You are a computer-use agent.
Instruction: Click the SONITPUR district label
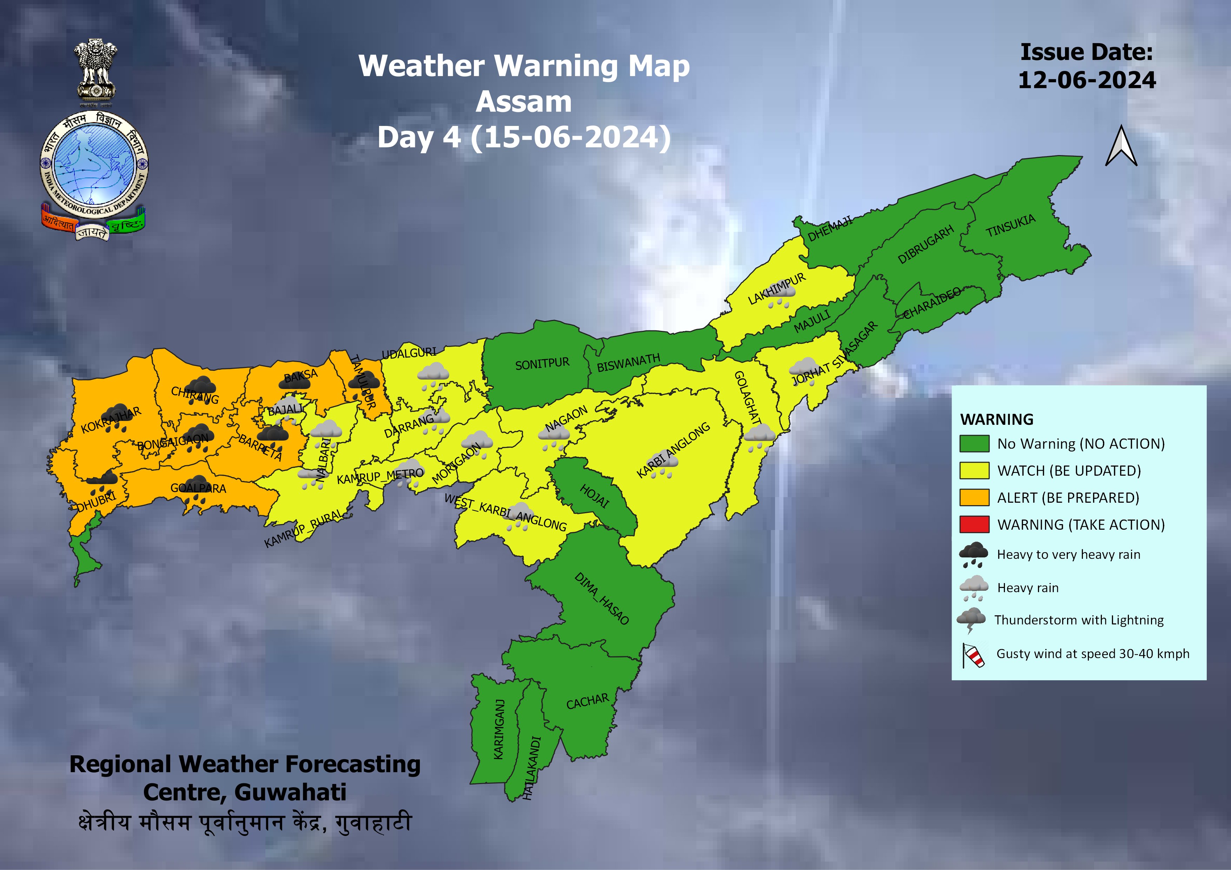(542, 364)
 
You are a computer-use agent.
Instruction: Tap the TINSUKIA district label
(1011, 226)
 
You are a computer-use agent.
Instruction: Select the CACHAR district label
(588, 701)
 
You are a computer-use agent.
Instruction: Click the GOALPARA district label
(198, 488)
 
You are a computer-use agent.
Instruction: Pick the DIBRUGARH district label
(926, 244)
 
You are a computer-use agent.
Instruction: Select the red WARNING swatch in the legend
(974, 524)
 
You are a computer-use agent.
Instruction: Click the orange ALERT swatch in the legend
(974, 498)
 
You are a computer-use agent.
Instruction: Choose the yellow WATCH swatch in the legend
(974, 470)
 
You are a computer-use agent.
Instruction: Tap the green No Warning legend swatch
(974, 443)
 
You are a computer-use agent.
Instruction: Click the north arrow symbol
(1120, 147)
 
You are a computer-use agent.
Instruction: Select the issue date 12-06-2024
(1086, 80)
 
